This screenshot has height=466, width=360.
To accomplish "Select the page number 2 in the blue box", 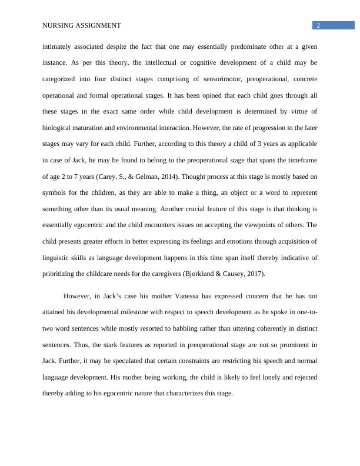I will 318,25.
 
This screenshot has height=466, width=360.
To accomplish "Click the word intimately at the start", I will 56,46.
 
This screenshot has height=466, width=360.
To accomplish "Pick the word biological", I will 57,127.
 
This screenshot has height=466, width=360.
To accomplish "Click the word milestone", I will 133,312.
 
